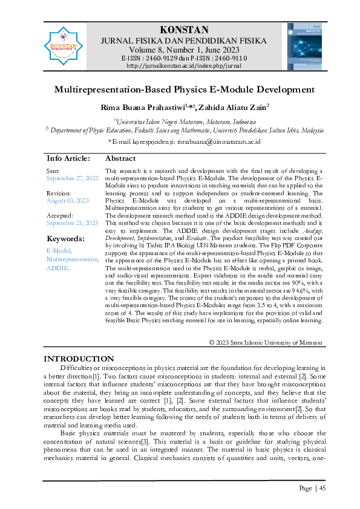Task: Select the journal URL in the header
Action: [x=184, y=65]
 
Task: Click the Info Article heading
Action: [x=68, y=158]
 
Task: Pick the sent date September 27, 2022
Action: [x=72, y=179]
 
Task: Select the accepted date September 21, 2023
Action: [x=72, y=222]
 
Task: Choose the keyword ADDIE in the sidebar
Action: [x=58, y=267]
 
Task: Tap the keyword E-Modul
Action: [x=59, y=250]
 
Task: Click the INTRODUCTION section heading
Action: [x=79, y=359]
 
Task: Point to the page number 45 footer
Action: [x=312, y=488]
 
